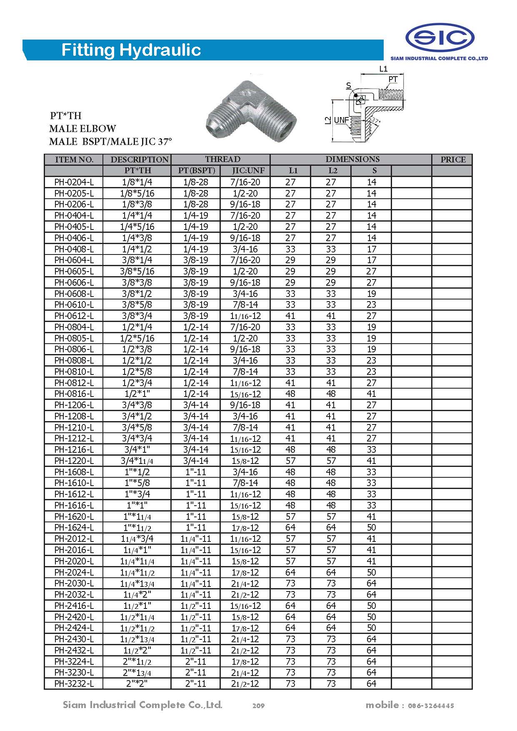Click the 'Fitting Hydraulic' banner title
tap(131, 50)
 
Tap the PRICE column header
tap(452, 160)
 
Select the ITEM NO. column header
tap(74, 160)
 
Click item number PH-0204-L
tap(74, 182)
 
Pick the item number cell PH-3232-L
tap(74, 684)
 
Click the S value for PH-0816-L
tap(371, 394)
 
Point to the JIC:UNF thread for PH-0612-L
tap(245, 316)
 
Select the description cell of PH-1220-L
tap(137, 461)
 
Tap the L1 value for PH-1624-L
tap(290, 527)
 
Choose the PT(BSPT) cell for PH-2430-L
tap(196, 639)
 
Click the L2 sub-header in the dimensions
tap(332, 170)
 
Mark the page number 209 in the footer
tap(258, 706)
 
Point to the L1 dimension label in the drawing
tap(383, 69)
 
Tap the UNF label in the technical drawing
tap(342, 120)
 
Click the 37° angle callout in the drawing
tap(375, 120)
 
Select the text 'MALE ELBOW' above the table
tap(82, 128)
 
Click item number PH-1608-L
tap(74, 472)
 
